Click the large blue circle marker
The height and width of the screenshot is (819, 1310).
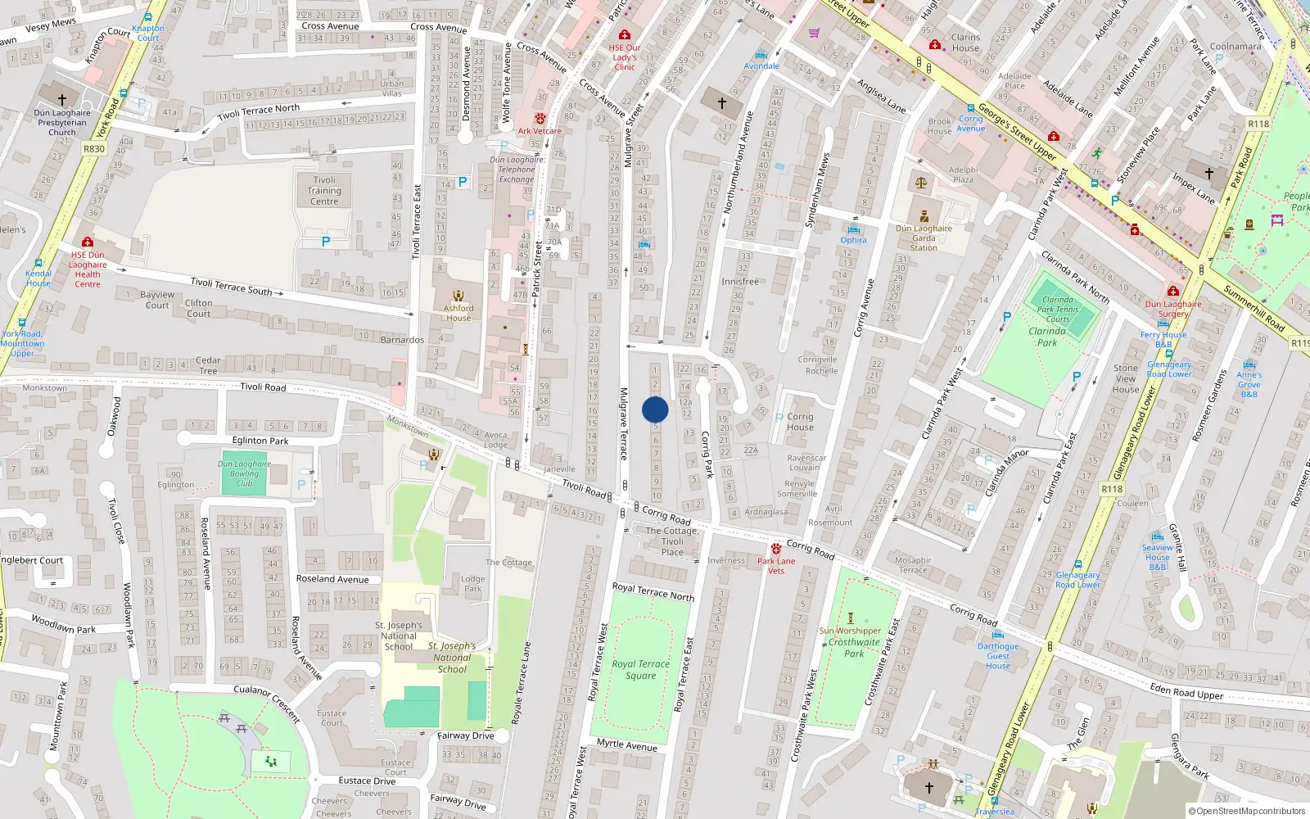click(655, 409)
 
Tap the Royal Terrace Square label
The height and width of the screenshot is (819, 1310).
click(640, 670)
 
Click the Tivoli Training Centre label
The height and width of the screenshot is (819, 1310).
click(324, 191)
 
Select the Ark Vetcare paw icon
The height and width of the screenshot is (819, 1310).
click(540, 119)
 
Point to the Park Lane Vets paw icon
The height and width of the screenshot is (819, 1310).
click(775, 549)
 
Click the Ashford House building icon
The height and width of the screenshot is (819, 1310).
click(458, 296)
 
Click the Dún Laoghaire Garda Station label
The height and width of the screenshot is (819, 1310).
click(924, 238)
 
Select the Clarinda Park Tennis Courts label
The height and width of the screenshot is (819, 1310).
click(1057, 310)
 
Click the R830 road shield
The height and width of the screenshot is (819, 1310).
click(94, 149)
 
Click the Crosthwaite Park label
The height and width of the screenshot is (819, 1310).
click(854, 648)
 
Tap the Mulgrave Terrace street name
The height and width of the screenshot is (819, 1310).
click(624, 423)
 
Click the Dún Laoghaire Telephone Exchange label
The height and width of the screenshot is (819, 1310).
click(517, 170)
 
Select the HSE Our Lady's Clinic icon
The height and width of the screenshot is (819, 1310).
click(625, 34)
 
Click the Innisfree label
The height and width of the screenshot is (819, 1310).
click(739, 281)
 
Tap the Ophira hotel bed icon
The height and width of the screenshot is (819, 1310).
click(854, 229)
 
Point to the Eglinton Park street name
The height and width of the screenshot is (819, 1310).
click(260, 441)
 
